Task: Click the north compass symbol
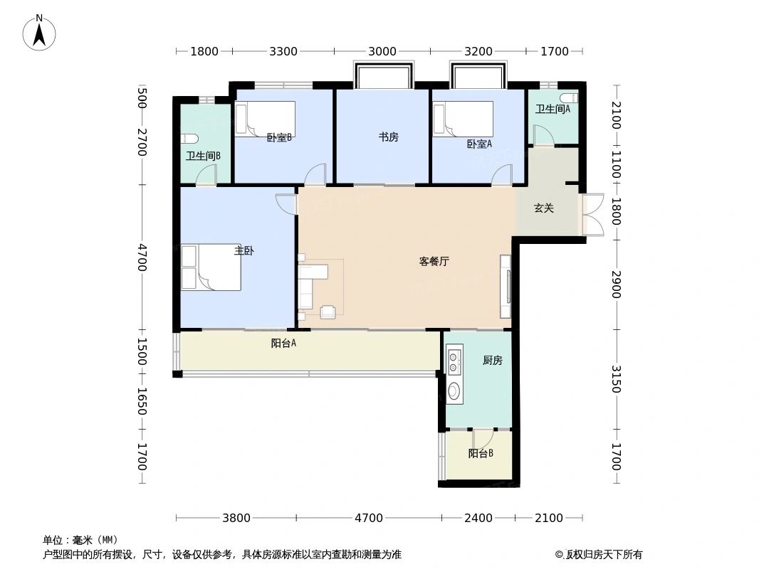pyautogui.click(x=40, y=32)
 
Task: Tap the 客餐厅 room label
pyautogui.click(x=434, y=261)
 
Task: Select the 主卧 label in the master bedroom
pyautogui.click(x=244, y=250)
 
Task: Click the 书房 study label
pyautogui.click(x=388, y=137)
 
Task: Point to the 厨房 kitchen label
pyautogui.click(x=492, y=361)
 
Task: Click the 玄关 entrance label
pyautogui.click(x=544, y=208)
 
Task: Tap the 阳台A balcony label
pyautogui.click(x=283, y=344)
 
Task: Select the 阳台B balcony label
pyautogui.click(x=481, y=454)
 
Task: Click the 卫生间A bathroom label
pyautogui.click(x=553, y=109)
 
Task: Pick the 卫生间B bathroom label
pyautogui.click(x=203, y=156)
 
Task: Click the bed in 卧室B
pyautogui.click(x=265, y=118)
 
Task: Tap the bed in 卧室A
pyautogui.click(x=464, y=118)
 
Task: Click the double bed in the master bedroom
pyautogui.click(x=211, y=267)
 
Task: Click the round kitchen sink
pyautogui.click(x=454, y=389)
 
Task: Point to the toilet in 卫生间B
pyautogui.click(x=189, y=139)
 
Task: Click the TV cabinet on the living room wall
pyautogui.click(x=506, y=286)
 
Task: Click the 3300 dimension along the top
pyautogui.click(x=283, y=51)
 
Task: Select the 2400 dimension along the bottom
pyautogui.click(x=478, y=518)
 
